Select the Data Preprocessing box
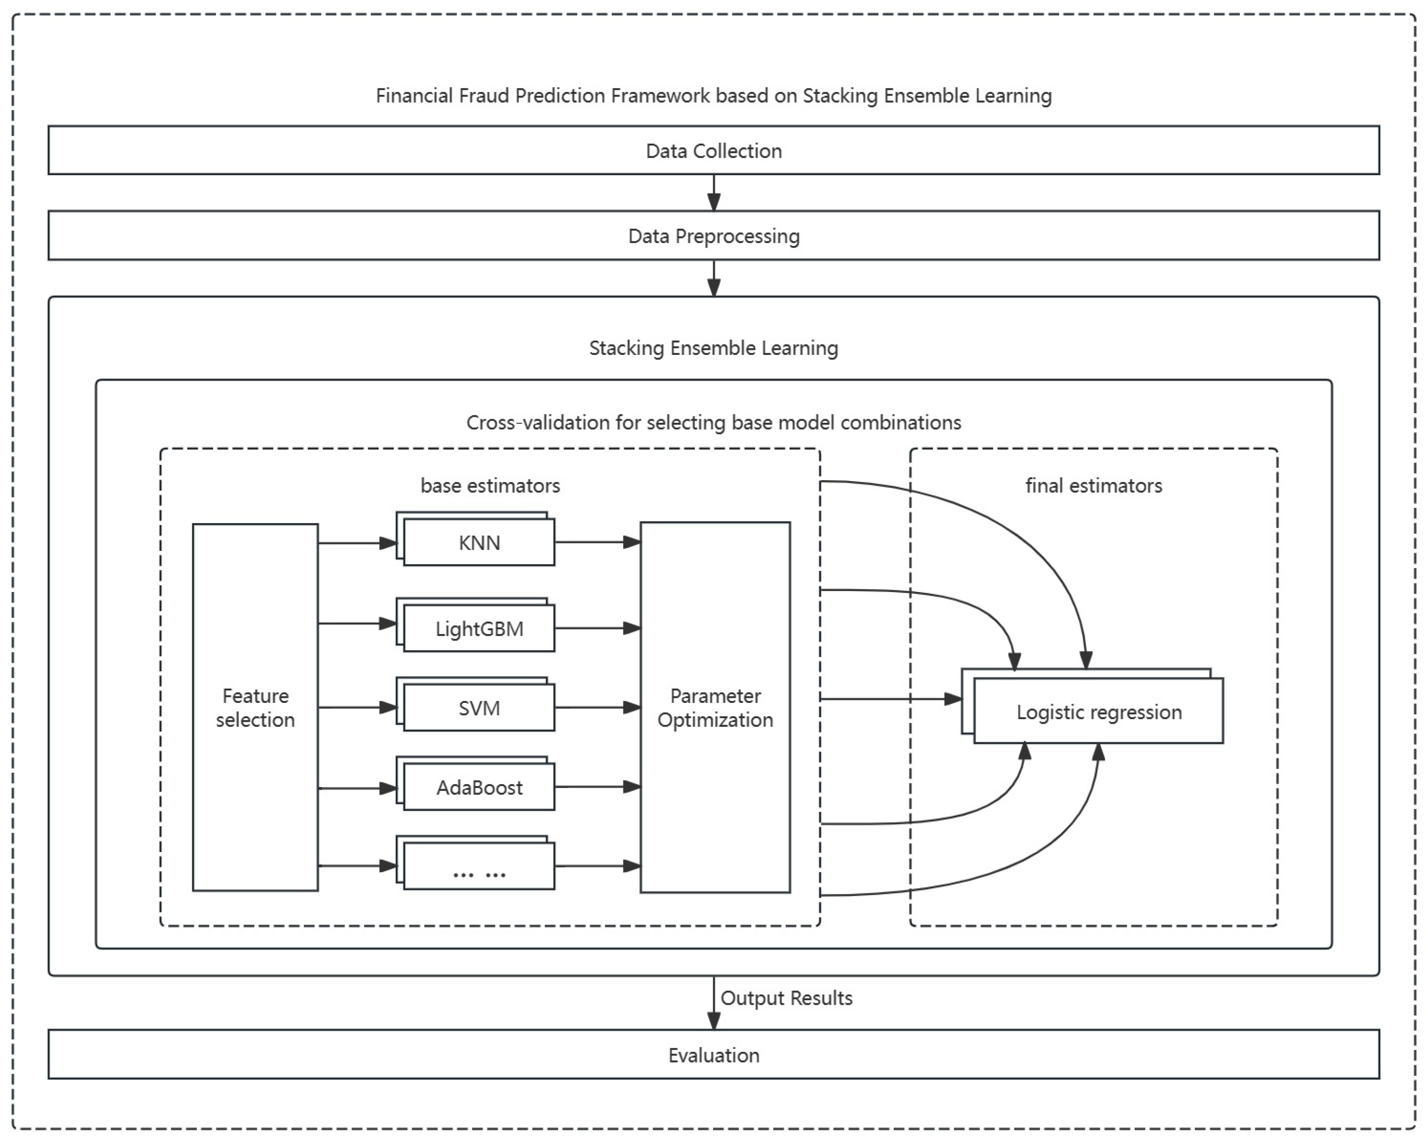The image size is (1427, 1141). (x=713, y=236)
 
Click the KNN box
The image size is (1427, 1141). (x=479, y=543)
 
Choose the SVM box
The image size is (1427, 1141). (x=479, y=708)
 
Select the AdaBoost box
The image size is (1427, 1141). (x=479, y=787)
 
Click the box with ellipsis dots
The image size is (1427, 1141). (x=479, y=866)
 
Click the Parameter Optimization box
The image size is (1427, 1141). (x=715, y=707)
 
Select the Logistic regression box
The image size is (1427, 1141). (x=1099, y=712)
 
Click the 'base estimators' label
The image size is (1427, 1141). (x=490, y=485)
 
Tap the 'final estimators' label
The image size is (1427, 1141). (x=1093, y=485)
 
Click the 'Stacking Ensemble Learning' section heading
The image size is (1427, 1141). (x=713, y=348)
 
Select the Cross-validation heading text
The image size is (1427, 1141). (x=713, y=422)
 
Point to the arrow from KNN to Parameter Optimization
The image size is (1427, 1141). (x=596, y=542)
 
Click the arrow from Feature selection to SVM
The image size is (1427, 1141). (x=357, y=708)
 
